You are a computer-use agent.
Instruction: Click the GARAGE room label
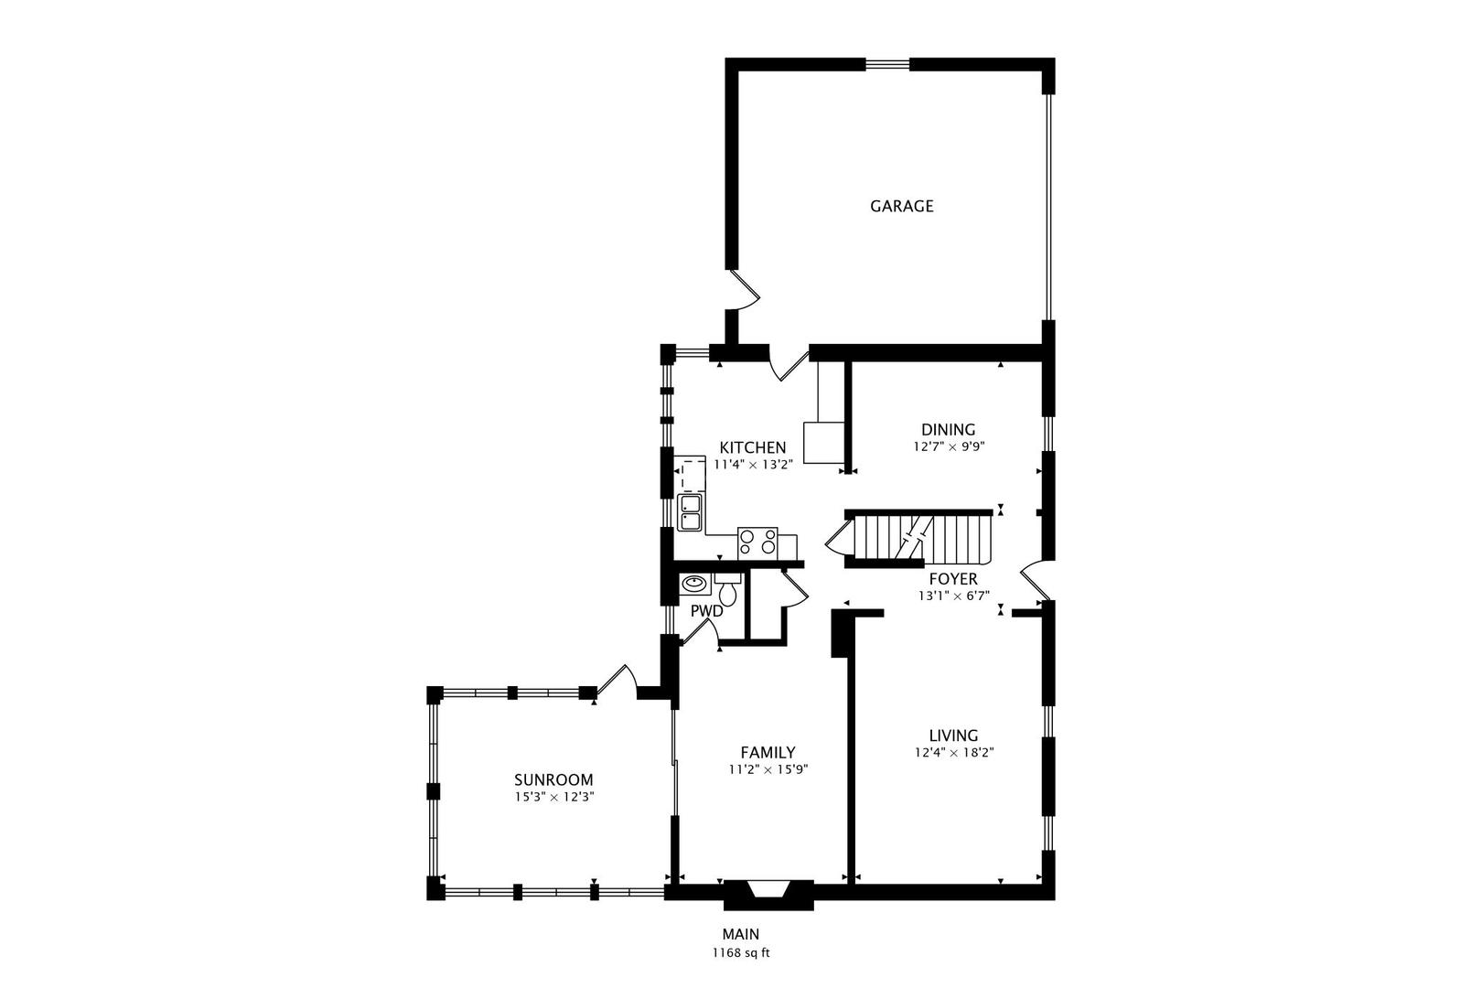(901, 206)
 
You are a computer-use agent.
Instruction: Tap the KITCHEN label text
(752, 447)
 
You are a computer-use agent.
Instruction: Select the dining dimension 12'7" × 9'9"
(948, 447)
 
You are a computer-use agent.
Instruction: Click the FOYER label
(953, 579)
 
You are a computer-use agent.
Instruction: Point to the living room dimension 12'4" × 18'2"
(953, 753)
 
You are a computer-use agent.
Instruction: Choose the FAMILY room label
(768, 752)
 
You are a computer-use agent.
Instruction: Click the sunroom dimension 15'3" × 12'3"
(553, 797)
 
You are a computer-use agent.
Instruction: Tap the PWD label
(706, 610)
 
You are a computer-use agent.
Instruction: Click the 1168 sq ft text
(741, 953)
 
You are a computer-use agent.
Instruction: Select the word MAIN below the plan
(741, 934)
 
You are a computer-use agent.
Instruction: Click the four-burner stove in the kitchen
(757, 542)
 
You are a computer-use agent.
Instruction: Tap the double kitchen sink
(690, 512)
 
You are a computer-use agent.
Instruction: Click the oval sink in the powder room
(693, 583)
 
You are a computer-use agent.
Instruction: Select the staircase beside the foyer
(919, 538)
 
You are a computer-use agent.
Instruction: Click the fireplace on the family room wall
(768, 893)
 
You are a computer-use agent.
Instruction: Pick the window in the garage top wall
(887, 63)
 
